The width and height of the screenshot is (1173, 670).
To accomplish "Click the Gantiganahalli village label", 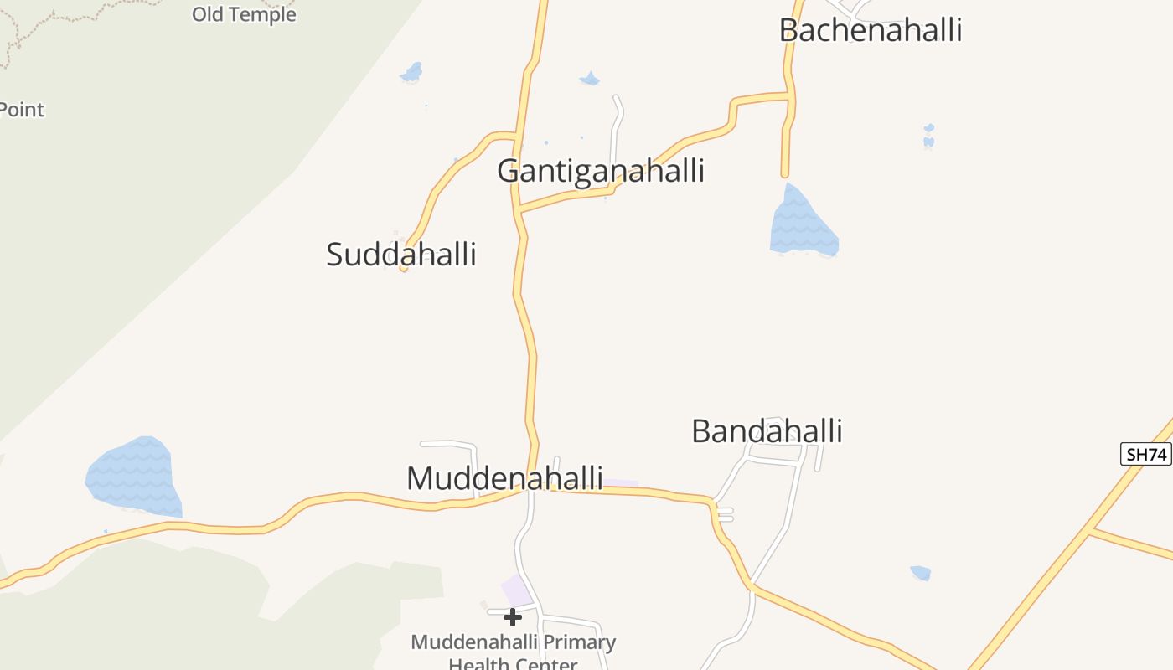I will point(601,171).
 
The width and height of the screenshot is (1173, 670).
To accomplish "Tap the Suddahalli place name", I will point(401,254).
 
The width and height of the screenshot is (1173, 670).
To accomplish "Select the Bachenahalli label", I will point(871,30).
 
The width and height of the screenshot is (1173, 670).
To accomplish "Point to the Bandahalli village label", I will point(767,431).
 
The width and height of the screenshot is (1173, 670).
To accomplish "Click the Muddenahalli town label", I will point(504,478).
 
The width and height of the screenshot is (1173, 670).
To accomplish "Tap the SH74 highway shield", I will point(1146,455).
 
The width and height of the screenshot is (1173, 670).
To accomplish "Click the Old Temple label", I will point(244,14).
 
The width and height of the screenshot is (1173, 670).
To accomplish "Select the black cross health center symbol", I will point(513,617).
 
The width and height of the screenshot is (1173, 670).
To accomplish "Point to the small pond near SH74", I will point(920,573).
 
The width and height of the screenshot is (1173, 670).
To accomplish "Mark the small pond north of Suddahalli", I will point(411,73).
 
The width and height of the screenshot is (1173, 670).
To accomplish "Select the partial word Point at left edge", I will point(22,110).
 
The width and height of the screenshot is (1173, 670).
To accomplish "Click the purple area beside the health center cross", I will point(516,590).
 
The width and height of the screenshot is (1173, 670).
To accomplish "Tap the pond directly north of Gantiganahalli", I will point(590,79).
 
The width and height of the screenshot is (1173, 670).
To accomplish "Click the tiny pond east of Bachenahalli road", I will point(928,136).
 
